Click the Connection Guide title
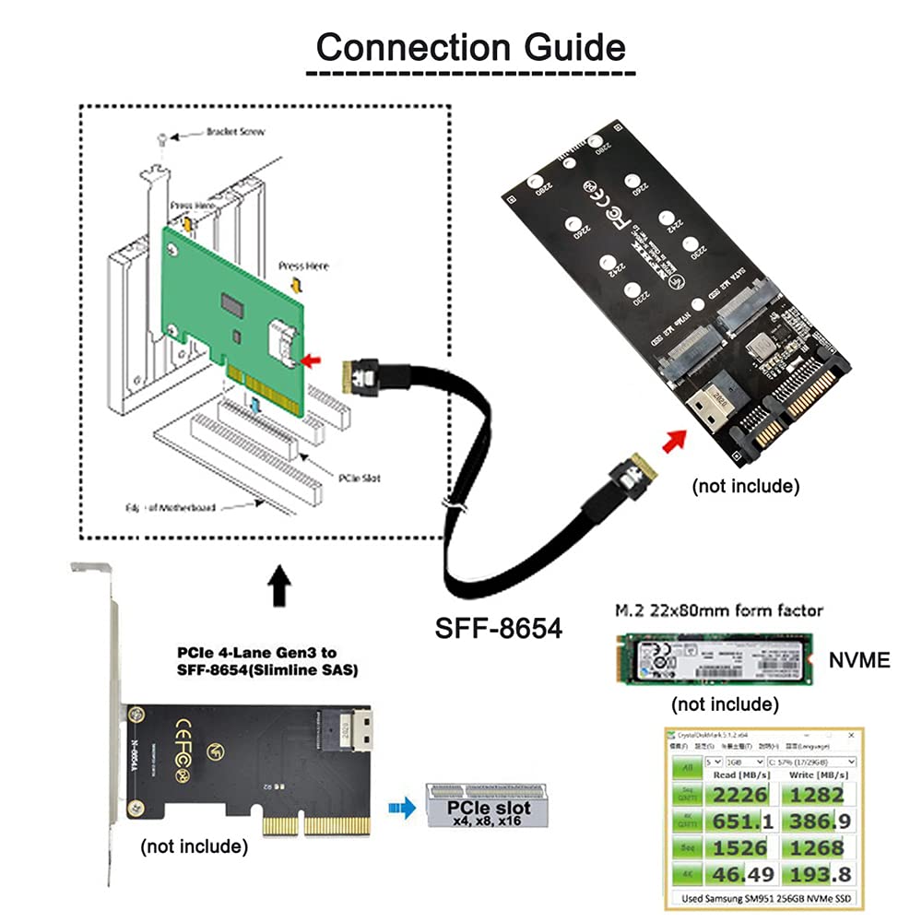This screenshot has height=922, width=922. click(x=470, y=45)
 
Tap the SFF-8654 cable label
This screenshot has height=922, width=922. click(x=497, y=629)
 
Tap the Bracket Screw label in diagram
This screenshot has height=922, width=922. click(x=236, y=132)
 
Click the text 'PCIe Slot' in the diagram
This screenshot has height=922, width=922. click(x=359, y=479)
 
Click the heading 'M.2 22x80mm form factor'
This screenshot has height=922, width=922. click(x=718, y=610)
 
